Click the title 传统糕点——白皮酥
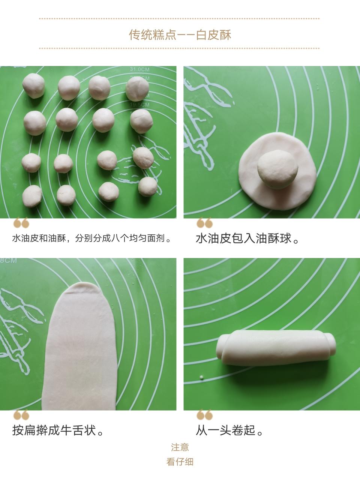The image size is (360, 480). coord(180,35)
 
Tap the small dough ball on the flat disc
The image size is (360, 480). coord(277,169)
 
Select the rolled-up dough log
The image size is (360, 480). coord(276,348)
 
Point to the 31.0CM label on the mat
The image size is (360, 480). coord(139,69)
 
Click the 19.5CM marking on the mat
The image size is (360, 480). coord(139,105)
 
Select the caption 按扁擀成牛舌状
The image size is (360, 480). coord(58,430)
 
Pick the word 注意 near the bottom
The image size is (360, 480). coord(180,447)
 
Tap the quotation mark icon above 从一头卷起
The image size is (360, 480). coord(205,415)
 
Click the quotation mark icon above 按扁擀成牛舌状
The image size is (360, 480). coord(21,415)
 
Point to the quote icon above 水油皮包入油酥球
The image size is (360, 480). coord(205,223)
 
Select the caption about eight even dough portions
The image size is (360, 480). coord(91,238)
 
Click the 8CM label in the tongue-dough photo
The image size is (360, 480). coord(8,261)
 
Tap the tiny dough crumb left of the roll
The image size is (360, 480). coord(201,377)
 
